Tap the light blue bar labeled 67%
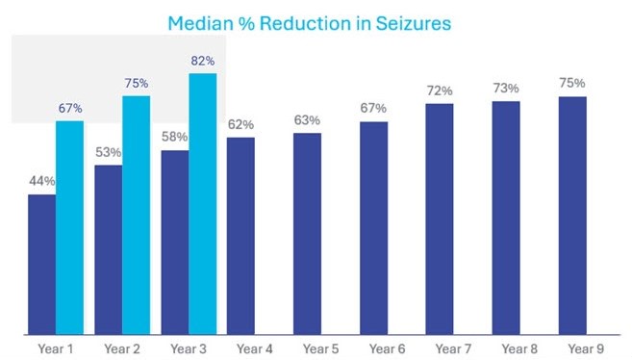point(69,226)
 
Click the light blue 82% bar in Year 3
point(202,203)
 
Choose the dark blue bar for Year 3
point(174,241)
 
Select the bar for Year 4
point(240,235)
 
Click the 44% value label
point(42,181)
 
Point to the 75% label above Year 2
point(137,83)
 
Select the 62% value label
point(240,124)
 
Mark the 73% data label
point(506,88)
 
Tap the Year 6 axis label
point(373,347)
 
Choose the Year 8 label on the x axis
point(506,347)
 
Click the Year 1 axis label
point(56,347)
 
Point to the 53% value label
point(108,152)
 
